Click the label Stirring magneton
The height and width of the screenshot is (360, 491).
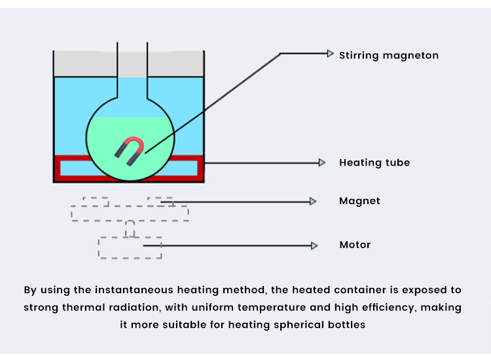(x=388, y=56)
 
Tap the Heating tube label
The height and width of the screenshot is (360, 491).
(x=374, y=162)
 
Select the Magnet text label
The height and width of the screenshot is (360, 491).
(x=359, y=201)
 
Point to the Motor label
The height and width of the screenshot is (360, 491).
(x=355, y=245)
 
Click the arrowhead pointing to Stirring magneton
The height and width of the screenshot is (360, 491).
(x=330, y=54)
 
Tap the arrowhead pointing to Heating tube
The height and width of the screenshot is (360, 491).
(x=321, y=162)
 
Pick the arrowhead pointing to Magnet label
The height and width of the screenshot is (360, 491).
(x=313, y=202)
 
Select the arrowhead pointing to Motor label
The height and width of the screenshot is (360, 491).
(x=314, y=245)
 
